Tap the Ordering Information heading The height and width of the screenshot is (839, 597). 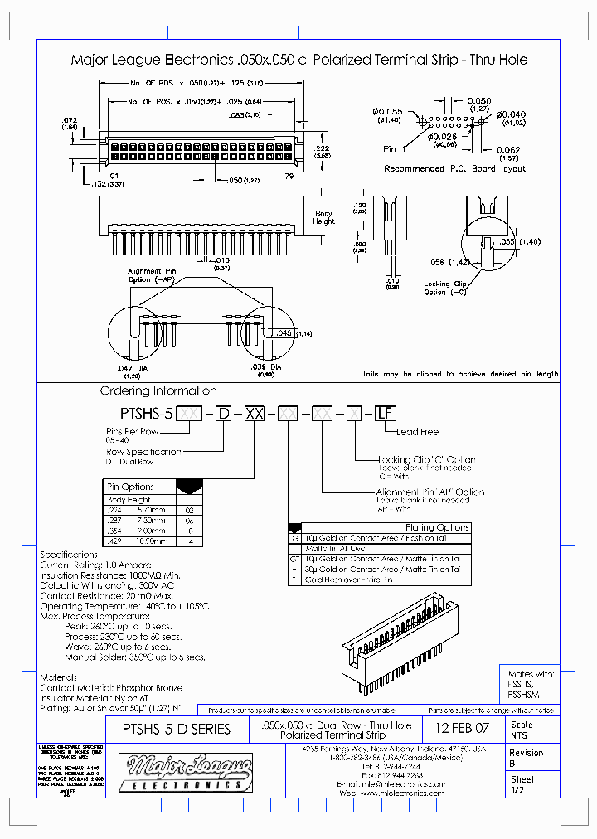(158, 390)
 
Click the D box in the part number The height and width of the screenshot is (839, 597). (223, 413)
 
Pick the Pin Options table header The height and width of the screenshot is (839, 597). (132, 487)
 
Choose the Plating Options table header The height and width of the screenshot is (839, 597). (437, 527)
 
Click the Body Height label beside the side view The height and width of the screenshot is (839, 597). (324, 217)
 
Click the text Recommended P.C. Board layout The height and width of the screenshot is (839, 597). (454, 168)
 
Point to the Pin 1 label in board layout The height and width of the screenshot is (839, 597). (396, 149)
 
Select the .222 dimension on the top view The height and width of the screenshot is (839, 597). (323, 146)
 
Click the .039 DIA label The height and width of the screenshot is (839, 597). (265, 366)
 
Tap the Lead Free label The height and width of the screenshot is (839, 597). (417, 432)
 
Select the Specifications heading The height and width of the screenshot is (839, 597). (69, 555)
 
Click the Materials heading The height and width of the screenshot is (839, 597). (58, 677)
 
